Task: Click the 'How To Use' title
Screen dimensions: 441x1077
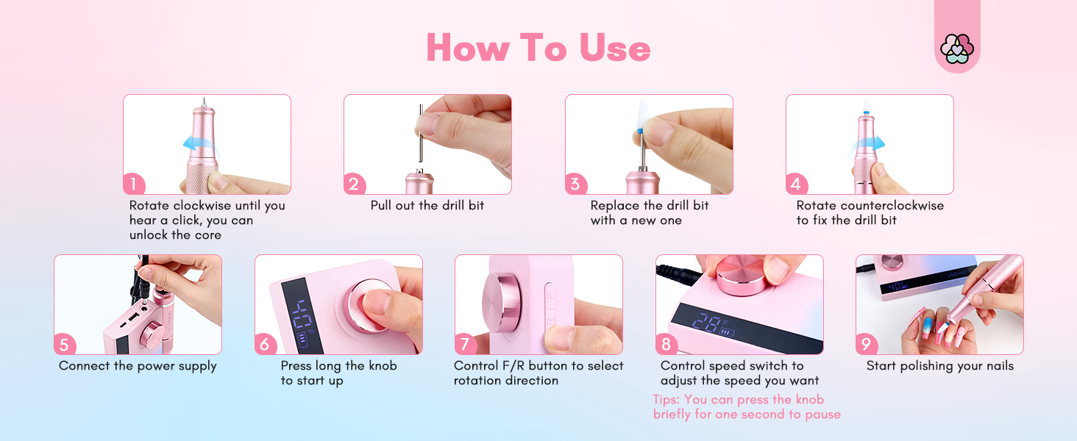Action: point(538,48)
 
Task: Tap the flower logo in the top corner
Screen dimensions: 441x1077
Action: point(956,49)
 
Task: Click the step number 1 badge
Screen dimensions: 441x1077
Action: point(134,184)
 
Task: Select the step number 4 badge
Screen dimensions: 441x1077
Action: point(797,184)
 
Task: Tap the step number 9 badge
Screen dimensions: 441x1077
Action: point(867,344)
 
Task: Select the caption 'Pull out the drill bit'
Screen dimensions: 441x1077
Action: point(427,206)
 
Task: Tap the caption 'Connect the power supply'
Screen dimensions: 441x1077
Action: point(138,366)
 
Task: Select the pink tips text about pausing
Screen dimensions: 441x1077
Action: point(746,407)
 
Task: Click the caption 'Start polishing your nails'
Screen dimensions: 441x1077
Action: point(939,366)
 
